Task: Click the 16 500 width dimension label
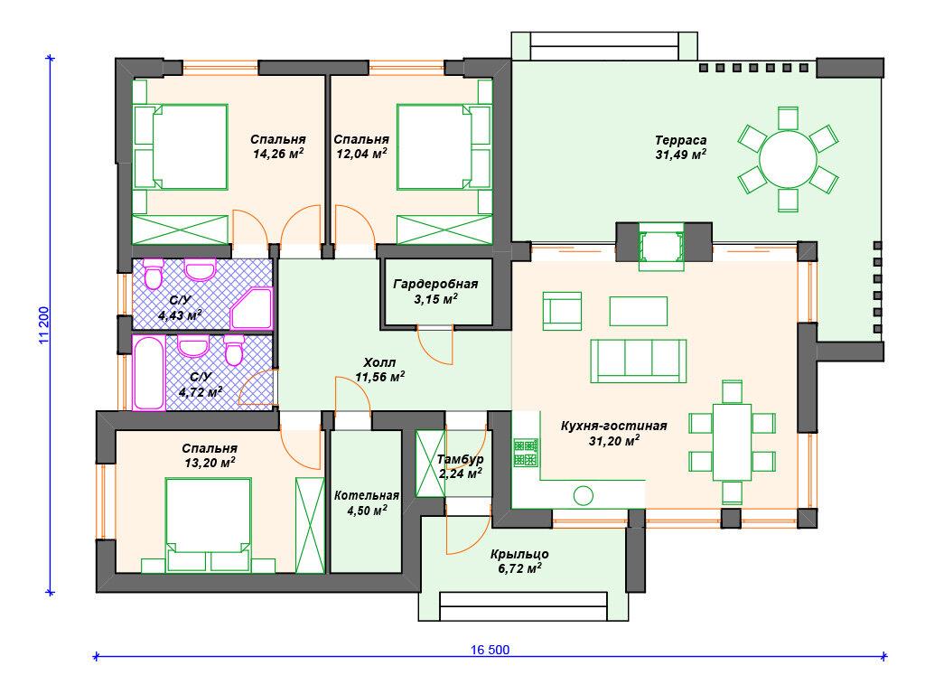point(490,650)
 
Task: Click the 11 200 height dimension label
point(43,325)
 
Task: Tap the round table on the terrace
point(788,159)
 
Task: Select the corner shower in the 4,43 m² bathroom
point(251,308)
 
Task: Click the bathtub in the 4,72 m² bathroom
point(149,373)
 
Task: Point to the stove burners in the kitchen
point(527,453)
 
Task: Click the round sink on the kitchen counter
point(583,496)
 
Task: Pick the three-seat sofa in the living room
point(639,361)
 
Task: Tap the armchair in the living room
point(562,311)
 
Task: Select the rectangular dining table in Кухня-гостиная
point(732,442)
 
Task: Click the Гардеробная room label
point(435,285)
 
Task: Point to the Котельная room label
point(367,496)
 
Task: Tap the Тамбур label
point(460,459)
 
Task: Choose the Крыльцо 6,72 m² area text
point(519,561)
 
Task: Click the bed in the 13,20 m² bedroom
point(209,525)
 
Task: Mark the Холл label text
point(379,362)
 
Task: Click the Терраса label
point(680,140)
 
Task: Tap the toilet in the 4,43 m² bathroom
point(154,273)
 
